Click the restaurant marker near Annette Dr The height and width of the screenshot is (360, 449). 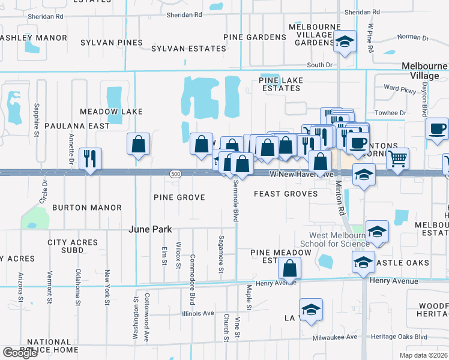(x=91, y=159)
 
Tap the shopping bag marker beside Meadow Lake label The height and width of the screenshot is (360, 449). (x=139, y=145)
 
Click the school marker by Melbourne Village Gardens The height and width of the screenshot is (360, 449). (x=345, y=42)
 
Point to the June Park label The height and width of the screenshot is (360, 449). (x=150, y=229)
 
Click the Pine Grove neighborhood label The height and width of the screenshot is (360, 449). (x=179, y=197)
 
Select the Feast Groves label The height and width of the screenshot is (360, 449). (x=286, y=194)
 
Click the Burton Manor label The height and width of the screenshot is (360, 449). (x=86, y=208)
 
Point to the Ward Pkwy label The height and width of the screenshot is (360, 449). (x=400, y=88)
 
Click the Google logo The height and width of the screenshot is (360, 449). (x=20, y=353)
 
